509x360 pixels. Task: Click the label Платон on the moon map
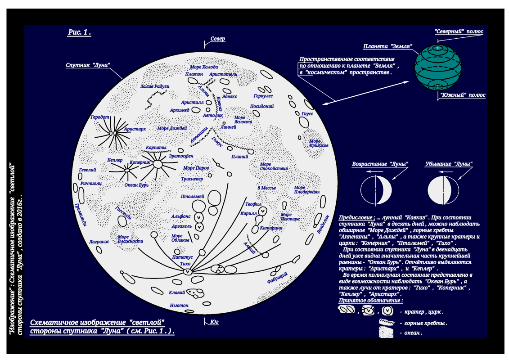pos(194,74)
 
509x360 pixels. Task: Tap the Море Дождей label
pos(172,128)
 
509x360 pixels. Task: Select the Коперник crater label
pos(140,162)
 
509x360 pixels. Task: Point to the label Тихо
pos(185,264)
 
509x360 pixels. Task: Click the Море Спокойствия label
pos(274,166)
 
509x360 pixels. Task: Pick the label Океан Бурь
pos(136,184)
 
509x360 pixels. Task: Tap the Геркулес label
pos(263,96)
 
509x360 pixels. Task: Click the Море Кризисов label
pos(319,143)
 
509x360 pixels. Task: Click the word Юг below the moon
pos(214,322)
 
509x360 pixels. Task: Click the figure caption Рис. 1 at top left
pos(79,32)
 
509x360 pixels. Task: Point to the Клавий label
pos(177,292)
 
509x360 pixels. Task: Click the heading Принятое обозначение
pos(370,300)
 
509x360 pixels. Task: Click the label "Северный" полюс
pos(459,31)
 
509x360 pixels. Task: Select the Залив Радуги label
pos(155,86)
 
